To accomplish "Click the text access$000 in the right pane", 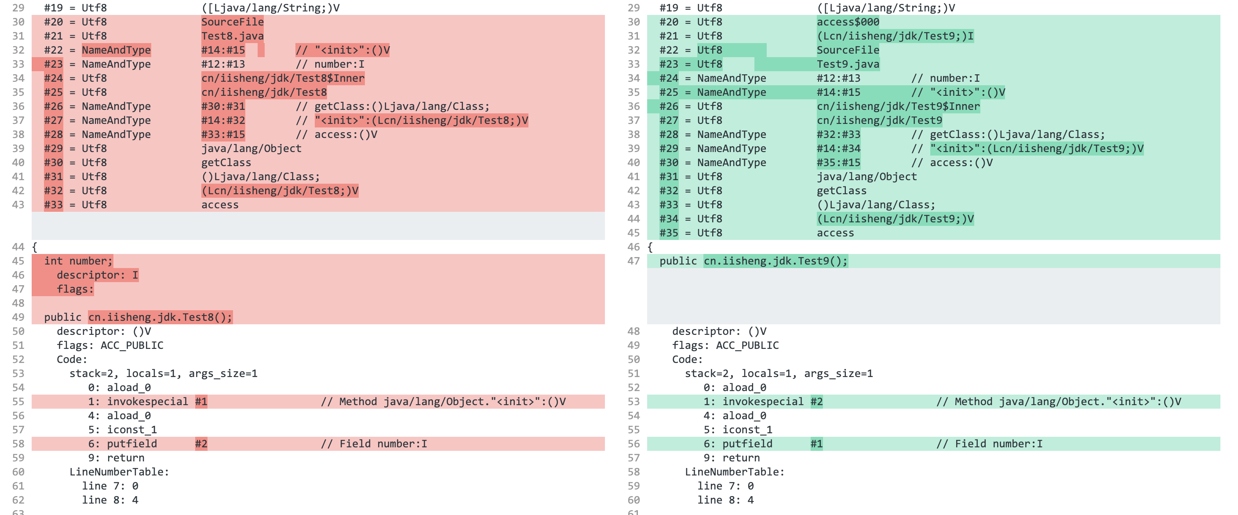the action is (848, 22).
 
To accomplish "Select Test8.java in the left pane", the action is (232, 36).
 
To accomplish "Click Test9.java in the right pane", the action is (848, 64).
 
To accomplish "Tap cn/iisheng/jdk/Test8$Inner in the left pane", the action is (283, 78).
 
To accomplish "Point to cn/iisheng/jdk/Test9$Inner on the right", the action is (898, 107).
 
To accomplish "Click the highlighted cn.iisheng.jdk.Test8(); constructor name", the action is (160, 317).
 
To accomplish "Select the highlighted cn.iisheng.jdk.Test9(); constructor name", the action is (775, 261).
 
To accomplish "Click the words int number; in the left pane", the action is (78, 261).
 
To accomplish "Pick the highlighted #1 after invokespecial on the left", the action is (201, 402).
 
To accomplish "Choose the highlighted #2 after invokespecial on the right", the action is (816, 402).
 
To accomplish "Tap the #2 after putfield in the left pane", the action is (201, 444).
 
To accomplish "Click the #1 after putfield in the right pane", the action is (816, 444).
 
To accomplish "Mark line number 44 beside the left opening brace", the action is (18, 247).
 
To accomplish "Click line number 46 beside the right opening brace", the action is (634, 247).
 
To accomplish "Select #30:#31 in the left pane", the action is (223, 106).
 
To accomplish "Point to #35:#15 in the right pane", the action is (838, 163).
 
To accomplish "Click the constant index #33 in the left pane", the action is (53, 205).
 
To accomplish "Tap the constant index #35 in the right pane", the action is (669, 233).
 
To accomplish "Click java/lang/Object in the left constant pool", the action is (251, 149).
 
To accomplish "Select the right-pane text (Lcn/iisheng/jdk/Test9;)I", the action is (895, 36).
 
